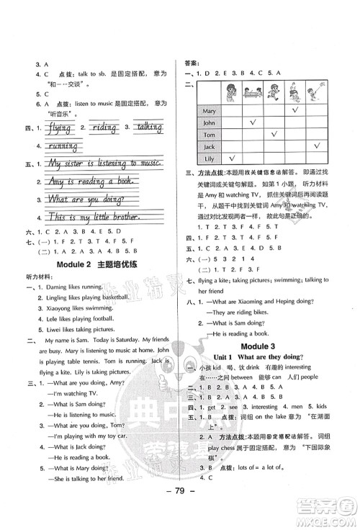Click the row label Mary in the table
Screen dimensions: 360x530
point(210,111)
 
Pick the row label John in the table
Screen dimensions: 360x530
point(210,123)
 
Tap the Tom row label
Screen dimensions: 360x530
point(210,135)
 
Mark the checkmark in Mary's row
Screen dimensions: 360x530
point(295,111)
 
